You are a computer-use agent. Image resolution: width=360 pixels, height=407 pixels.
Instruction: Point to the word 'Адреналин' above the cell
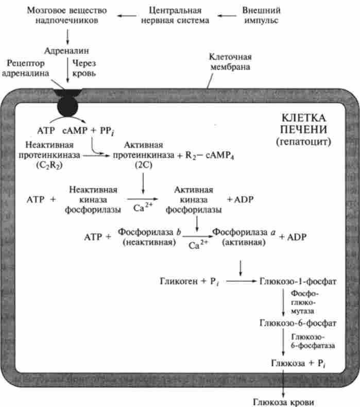(67, 51)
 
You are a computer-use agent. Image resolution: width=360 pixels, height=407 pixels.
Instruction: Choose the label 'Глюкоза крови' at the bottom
(283, 401)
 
